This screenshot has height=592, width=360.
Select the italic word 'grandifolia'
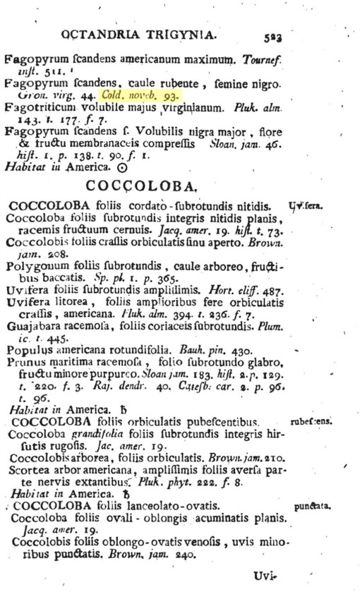tap(93, 434)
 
